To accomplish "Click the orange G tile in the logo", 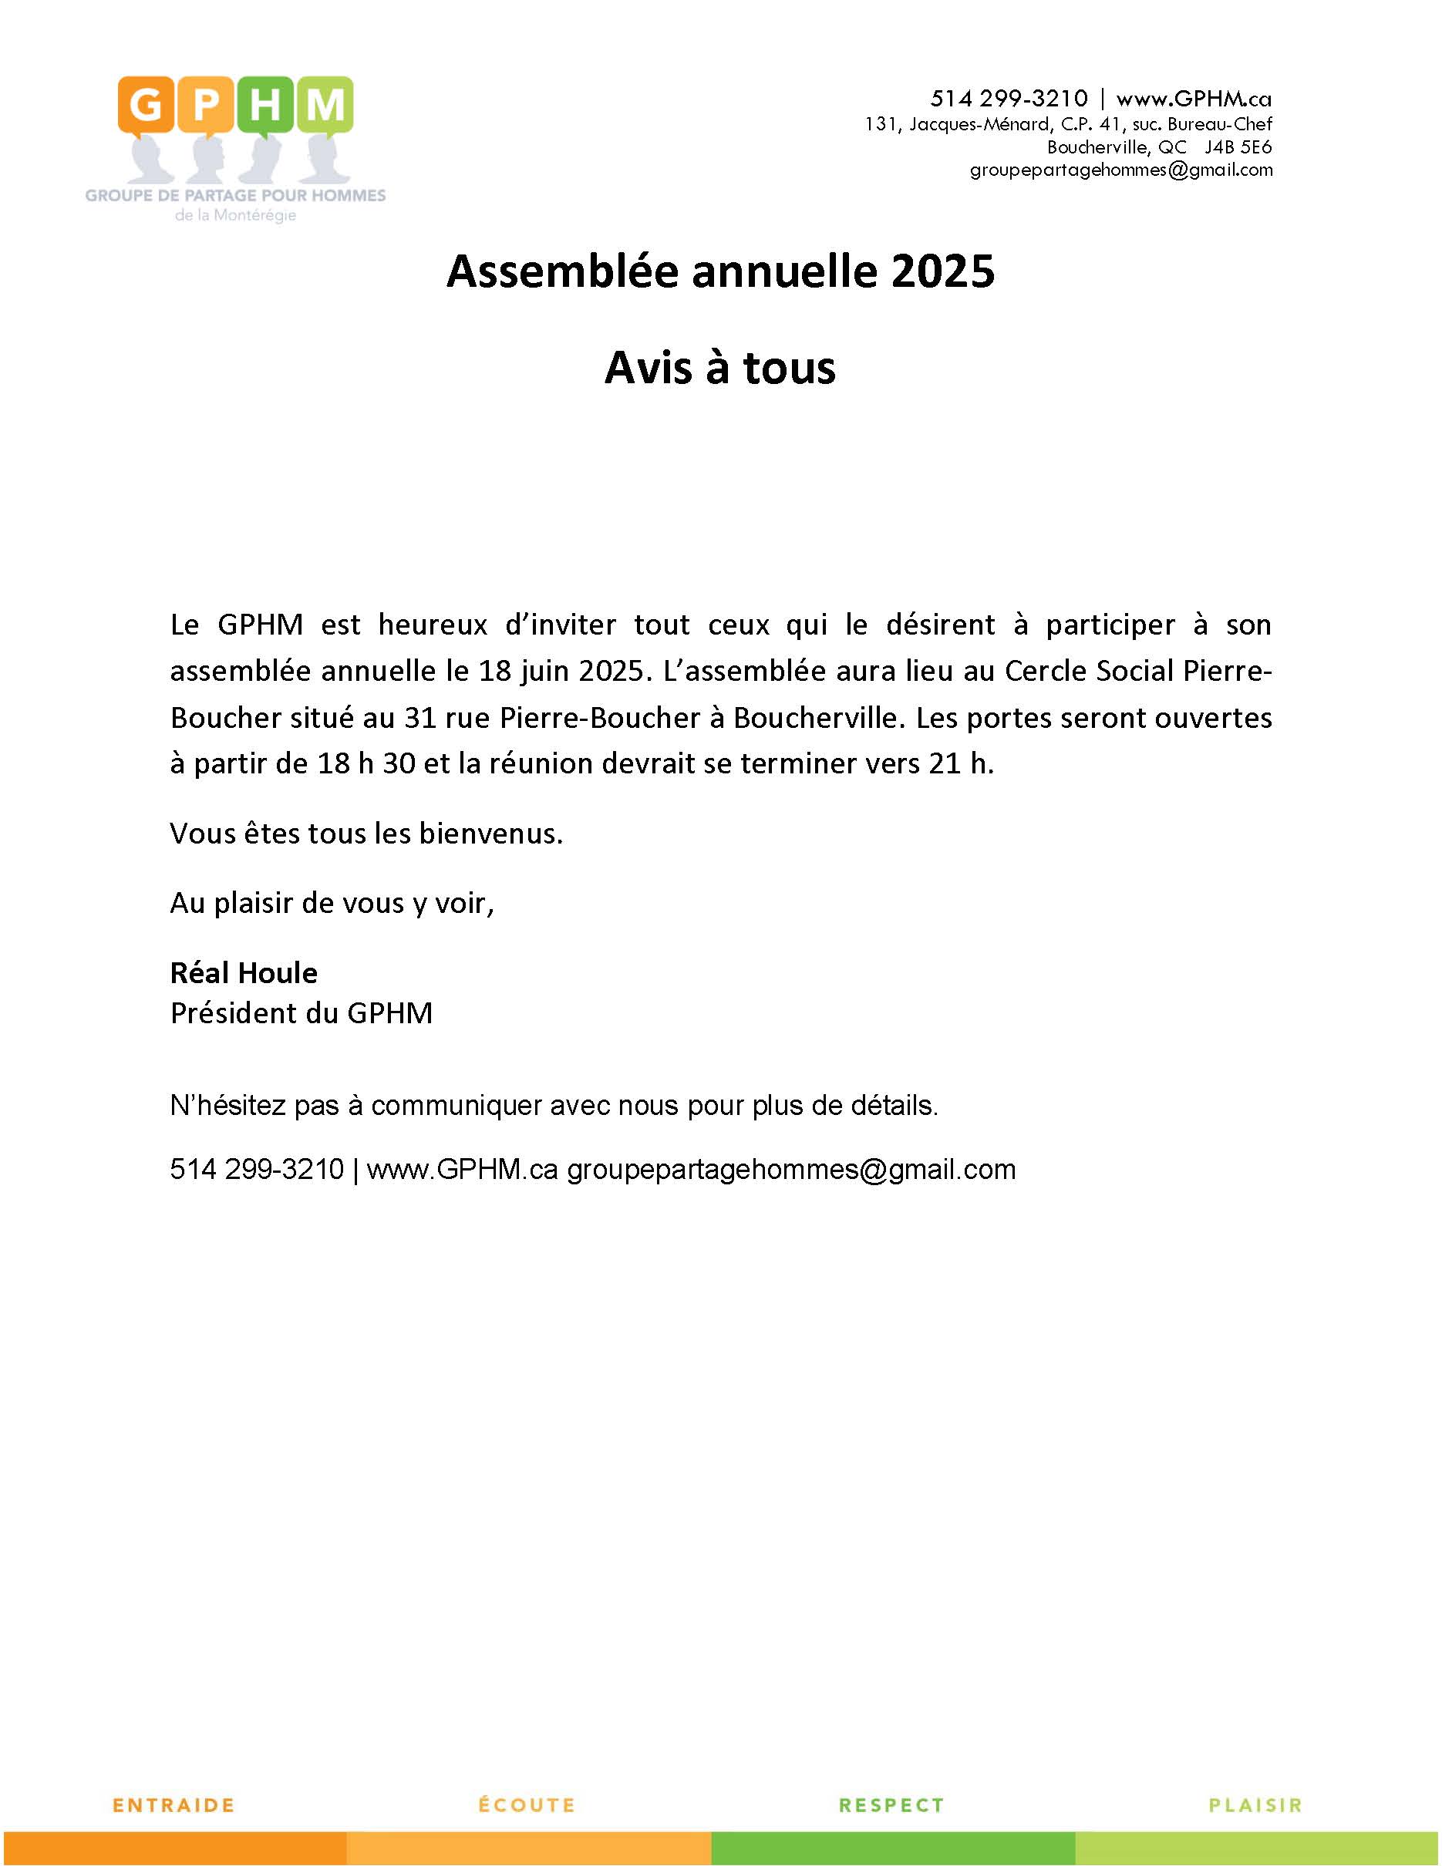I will pyautogui.click(x=146, y=105).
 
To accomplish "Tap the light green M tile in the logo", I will pyautogui.click(x=325, y=105).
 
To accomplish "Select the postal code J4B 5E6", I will pyautogui.click(x=1238, y=147).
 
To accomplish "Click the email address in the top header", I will pyautogui.click(x=1120, y=170).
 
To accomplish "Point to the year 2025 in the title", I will pyautogui.click(x=943, y=271).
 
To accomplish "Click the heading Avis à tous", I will pyautogui.click(x=720, y=367).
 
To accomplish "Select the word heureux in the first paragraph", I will pyautogui.click(x=433, y=625).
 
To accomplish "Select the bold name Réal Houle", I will pyautogui.click(x=244, y=972).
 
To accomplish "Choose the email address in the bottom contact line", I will pyautogui.click(x=791, y=1169).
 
